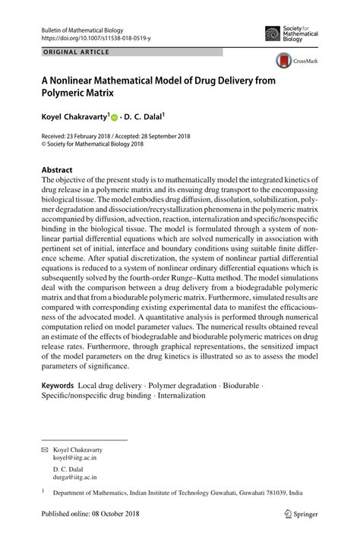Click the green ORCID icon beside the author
click(115, 118)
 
